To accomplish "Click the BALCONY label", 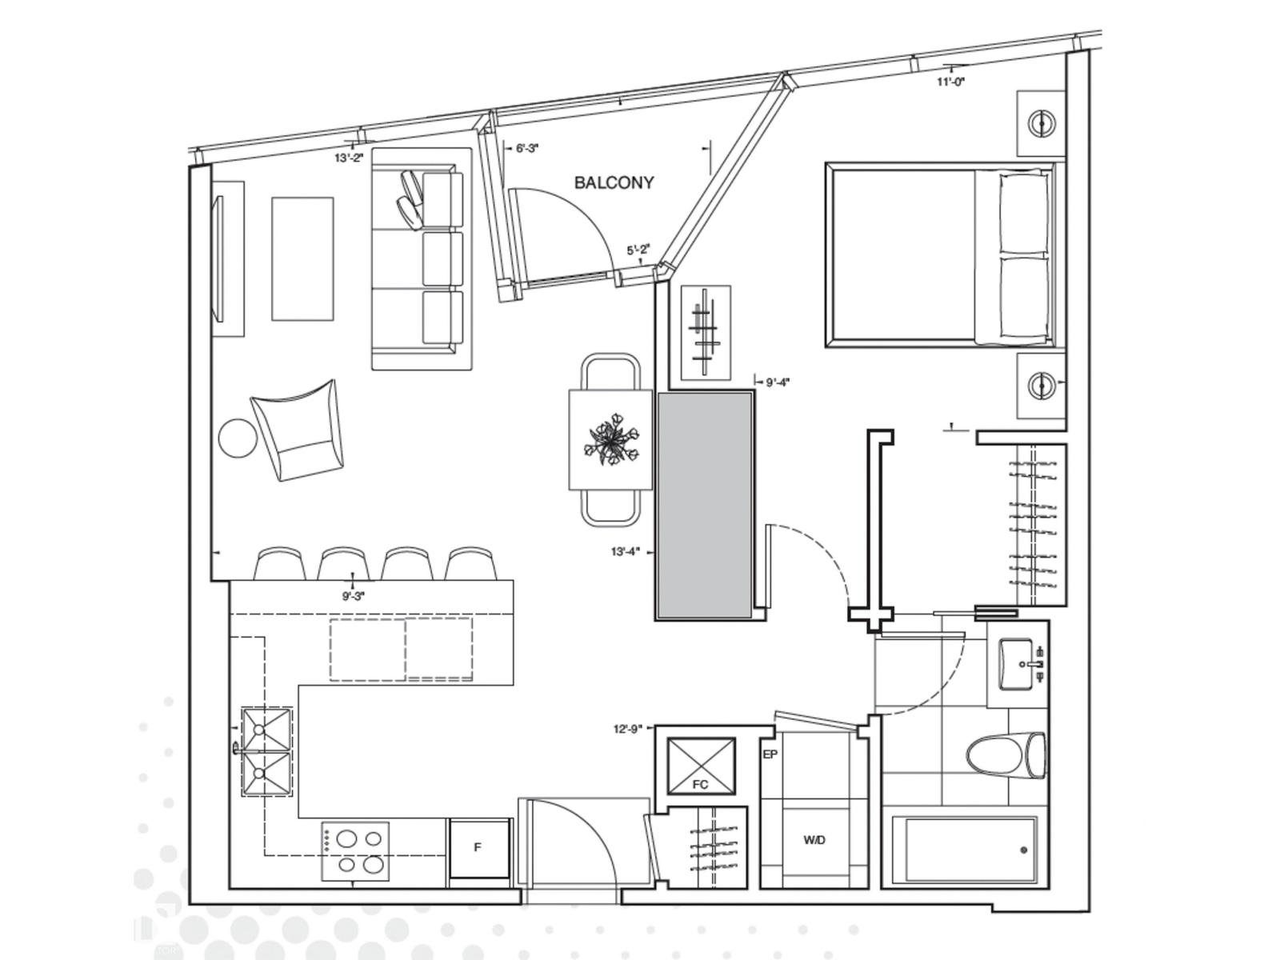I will (x=614, y=182).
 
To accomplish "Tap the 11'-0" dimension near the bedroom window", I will (x=951, y=82).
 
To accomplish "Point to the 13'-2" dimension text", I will (x=349, y=158).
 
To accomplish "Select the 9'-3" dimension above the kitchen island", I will (x=353, y=596).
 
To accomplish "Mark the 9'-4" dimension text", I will (x=778, y=382).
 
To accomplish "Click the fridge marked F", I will (x=478, y=848).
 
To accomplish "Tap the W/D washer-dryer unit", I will (x=814, y=840).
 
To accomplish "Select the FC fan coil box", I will (x=701, y=766).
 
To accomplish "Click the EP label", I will (x=770, y=754).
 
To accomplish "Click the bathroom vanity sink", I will (x=1018, y=664).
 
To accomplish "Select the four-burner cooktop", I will (x=355, y=851).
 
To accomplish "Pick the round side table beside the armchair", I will (x=238, y=438).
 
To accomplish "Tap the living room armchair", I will (x=298, y=430).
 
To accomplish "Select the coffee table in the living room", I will (x=302, y=258).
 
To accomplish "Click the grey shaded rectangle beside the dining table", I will (x=704, y=506).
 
